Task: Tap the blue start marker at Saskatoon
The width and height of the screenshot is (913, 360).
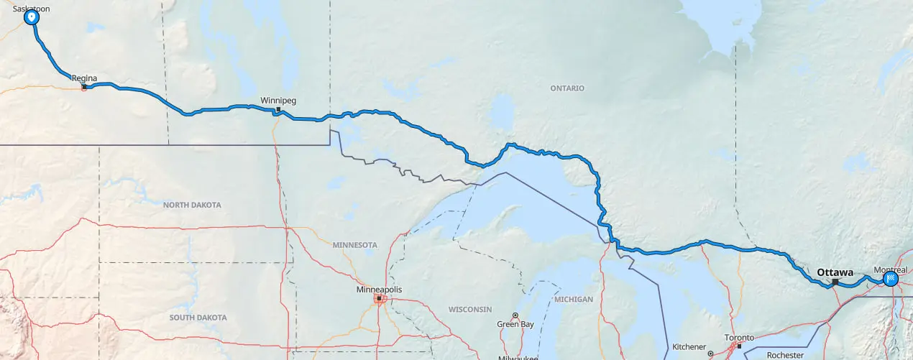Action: pyautogui.click(x=32, y=17)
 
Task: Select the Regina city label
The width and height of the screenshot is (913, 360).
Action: pyautogui.click(x=84, y=78)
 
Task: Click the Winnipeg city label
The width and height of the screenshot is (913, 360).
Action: pyautogui.click(x=278, y=101)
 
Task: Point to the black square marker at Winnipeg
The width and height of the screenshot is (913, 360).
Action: pyautogui.click(x=278, y=110)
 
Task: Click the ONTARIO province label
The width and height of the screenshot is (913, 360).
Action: pyautogui.click(x=567, y=88)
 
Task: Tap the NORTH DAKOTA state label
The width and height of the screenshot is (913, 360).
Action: pyautogui.click(x=192, y=205)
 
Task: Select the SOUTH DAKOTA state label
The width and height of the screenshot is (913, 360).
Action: pyautogui.click(x=198, y=317)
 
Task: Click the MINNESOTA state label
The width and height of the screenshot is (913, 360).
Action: pyautogui.click(x=354, y=245)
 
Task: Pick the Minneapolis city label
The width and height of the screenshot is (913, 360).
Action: pyautogui.click(x=379, y=290)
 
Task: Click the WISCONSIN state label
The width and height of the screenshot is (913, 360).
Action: pyautogui.click(x=469, y=310)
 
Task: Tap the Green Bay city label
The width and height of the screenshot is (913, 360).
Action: pyautogui.click(x=515, y=324)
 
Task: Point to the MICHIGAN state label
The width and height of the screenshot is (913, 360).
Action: pyautogui.click(x=574, y=299)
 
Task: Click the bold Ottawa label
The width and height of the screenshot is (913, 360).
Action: pyautogui.click(x=835, y=272)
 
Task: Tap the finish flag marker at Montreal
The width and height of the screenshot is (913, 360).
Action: pyautogui.click(x=891, y=279)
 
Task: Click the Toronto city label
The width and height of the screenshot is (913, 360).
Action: pyautogui.click(x=739, y=338)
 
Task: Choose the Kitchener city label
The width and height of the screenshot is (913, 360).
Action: pyautogui.click(x=689, y=346)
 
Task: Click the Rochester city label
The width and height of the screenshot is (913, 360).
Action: pyautogui.click(x=784, y=355)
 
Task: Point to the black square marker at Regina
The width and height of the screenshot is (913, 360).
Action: pyautogui.click(x=84, y=87)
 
